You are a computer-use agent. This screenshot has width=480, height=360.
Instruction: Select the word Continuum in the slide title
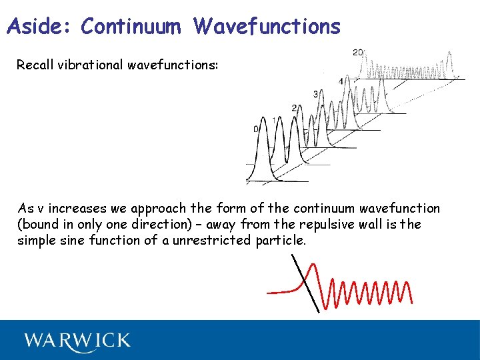pos(131,26)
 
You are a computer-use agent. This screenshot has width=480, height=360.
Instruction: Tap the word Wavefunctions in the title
pos(267,26)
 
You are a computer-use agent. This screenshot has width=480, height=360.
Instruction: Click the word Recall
pos(37,65)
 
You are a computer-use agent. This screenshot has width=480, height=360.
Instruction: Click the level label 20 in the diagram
pos(358,53)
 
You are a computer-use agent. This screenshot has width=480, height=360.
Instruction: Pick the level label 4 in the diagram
pos(341,81)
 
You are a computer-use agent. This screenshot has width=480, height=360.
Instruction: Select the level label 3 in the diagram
pos(315,93)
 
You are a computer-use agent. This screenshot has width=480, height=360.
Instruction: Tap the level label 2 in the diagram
pos(294,107)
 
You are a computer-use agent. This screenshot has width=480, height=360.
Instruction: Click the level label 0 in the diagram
pos(255,129)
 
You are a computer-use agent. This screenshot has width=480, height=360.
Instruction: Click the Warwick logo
pos(77,341)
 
